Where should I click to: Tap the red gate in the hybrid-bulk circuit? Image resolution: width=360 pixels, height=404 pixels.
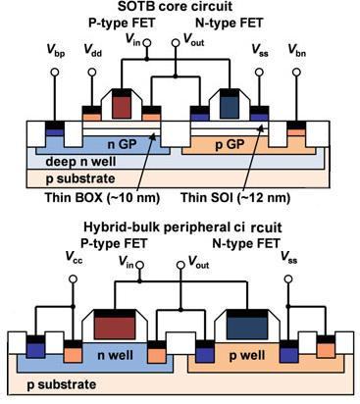click(123, 325)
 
